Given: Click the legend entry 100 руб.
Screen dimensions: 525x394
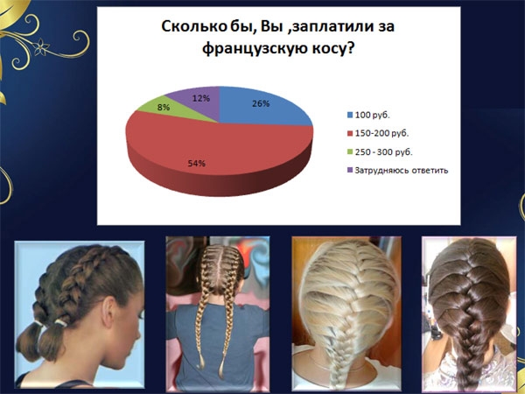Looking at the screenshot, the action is pyautogui.click(x=368, y=116).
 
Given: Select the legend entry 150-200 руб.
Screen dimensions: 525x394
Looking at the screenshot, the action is pyautogui.click(x=378, y=133).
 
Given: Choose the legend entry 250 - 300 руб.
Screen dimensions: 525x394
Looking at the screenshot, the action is pyautogui.click(x=380, y=151).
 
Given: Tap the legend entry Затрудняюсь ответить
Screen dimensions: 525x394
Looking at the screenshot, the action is pyautogui.click(x=398, y=170).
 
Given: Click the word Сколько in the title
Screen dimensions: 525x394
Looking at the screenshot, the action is pyautogui.click(x=193, y=27).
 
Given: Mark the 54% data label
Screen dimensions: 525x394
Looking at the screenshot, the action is pyautogui.click(x=197, y=164).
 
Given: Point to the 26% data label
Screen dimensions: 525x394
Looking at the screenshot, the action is pyautogui.click(x=261, y=104).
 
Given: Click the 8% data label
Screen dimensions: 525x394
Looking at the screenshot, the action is pyautogui.click(x=164, y=108).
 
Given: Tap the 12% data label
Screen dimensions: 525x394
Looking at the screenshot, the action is pyautogui.click(x=201, y=98).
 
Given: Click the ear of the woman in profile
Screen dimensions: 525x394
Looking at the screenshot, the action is pyautogui.click(x=109, y=308).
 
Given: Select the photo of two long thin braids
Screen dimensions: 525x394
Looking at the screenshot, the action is pyautogui.click(x=218, y=313).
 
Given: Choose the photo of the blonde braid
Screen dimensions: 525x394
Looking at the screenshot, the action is pyautogui.click(x=346, y=313).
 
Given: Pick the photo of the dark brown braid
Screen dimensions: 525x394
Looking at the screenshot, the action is pyautogui.click(x=469, y=313).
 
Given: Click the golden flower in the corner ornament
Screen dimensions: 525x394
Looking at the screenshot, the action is pyautogui.click(x=41, y=47).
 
